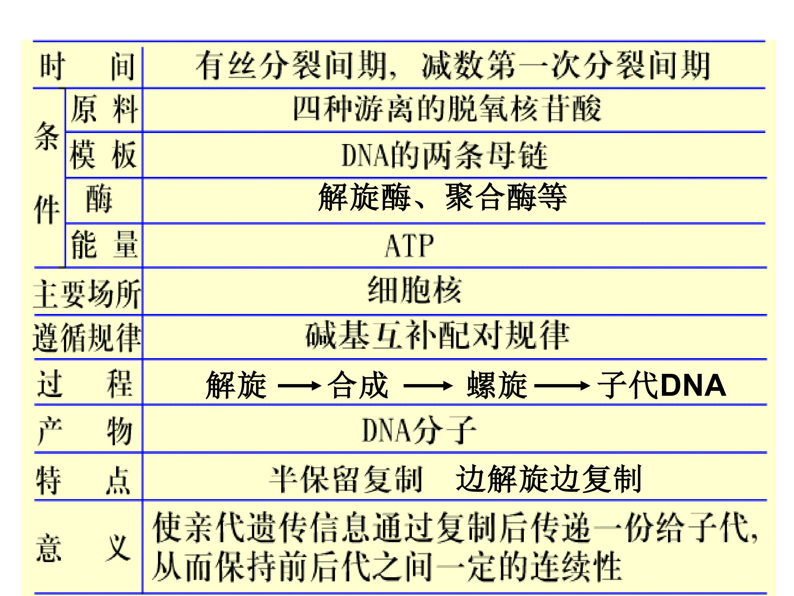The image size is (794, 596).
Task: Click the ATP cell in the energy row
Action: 409,246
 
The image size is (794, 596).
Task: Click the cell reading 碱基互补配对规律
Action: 437,335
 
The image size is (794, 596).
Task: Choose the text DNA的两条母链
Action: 444,155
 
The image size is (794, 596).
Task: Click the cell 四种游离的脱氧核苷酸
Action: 447,108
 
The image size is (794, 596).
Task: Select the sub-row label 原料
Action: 104,109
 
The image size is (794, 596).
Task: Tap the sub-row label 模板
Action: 103,155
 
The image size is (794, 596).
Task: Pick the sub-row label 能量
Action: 104,245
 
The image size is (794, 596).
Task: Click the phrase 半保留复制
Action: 346,479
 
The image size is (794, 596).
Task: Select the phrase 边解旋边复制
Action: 548,478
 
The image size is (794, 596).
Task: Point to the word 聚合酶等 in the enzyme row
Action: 506,197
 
